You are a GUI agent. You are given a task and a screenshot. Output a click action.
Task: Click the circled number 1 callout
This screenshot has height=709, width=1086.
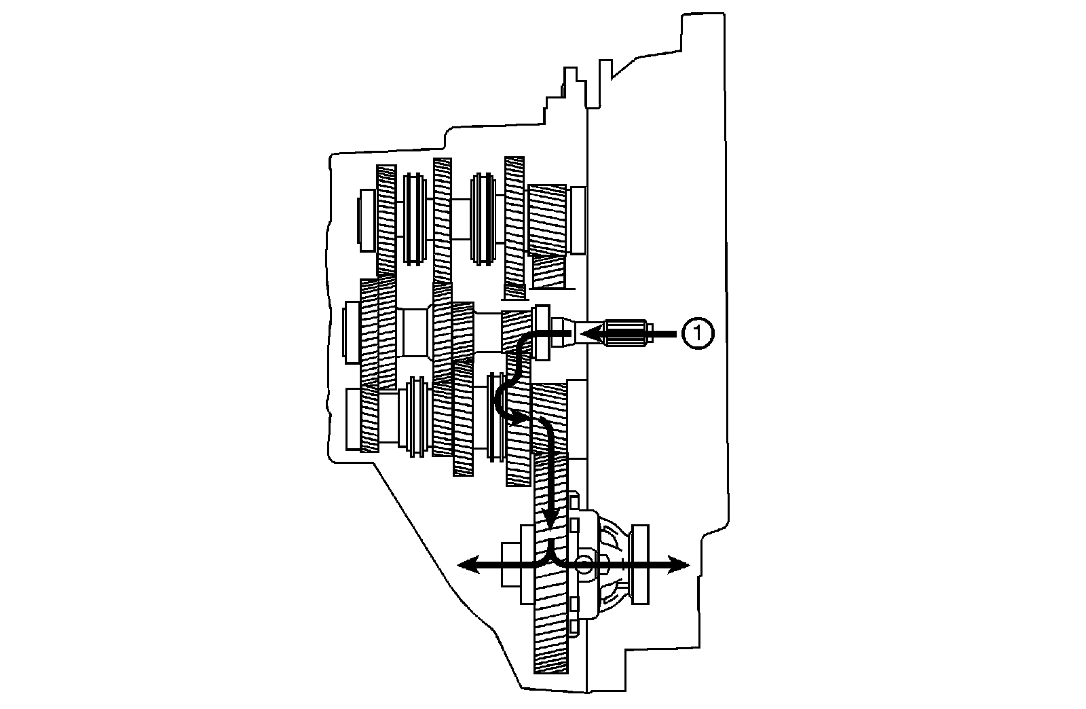point(698,333)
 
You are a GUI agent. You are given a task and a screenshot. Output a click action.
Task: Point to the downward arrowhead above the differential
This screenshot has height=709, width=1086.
point(553,519)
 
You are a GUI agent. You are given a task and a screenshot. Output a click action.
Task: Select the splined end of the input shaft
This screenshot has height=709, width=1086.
point(626,333)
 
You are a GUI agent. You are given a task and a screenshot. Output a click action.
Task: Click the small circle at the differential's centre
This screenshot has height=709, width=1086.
point(583,564)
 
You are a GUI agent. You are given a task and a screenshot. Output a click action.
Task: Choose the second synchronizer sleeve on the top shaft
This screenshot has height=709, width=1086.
point(483,217)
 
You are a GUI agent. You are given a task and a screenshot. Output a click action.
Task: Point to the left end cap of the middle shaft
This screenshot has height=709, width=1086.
point(352,333)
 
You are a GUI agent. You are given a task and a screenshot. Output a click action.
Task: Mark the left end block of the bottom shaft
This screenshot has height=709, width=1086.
point(354,418)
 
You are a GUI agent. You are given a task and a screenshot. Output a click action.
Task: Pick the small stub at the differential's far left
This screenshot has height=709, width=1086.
point(510,564)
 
